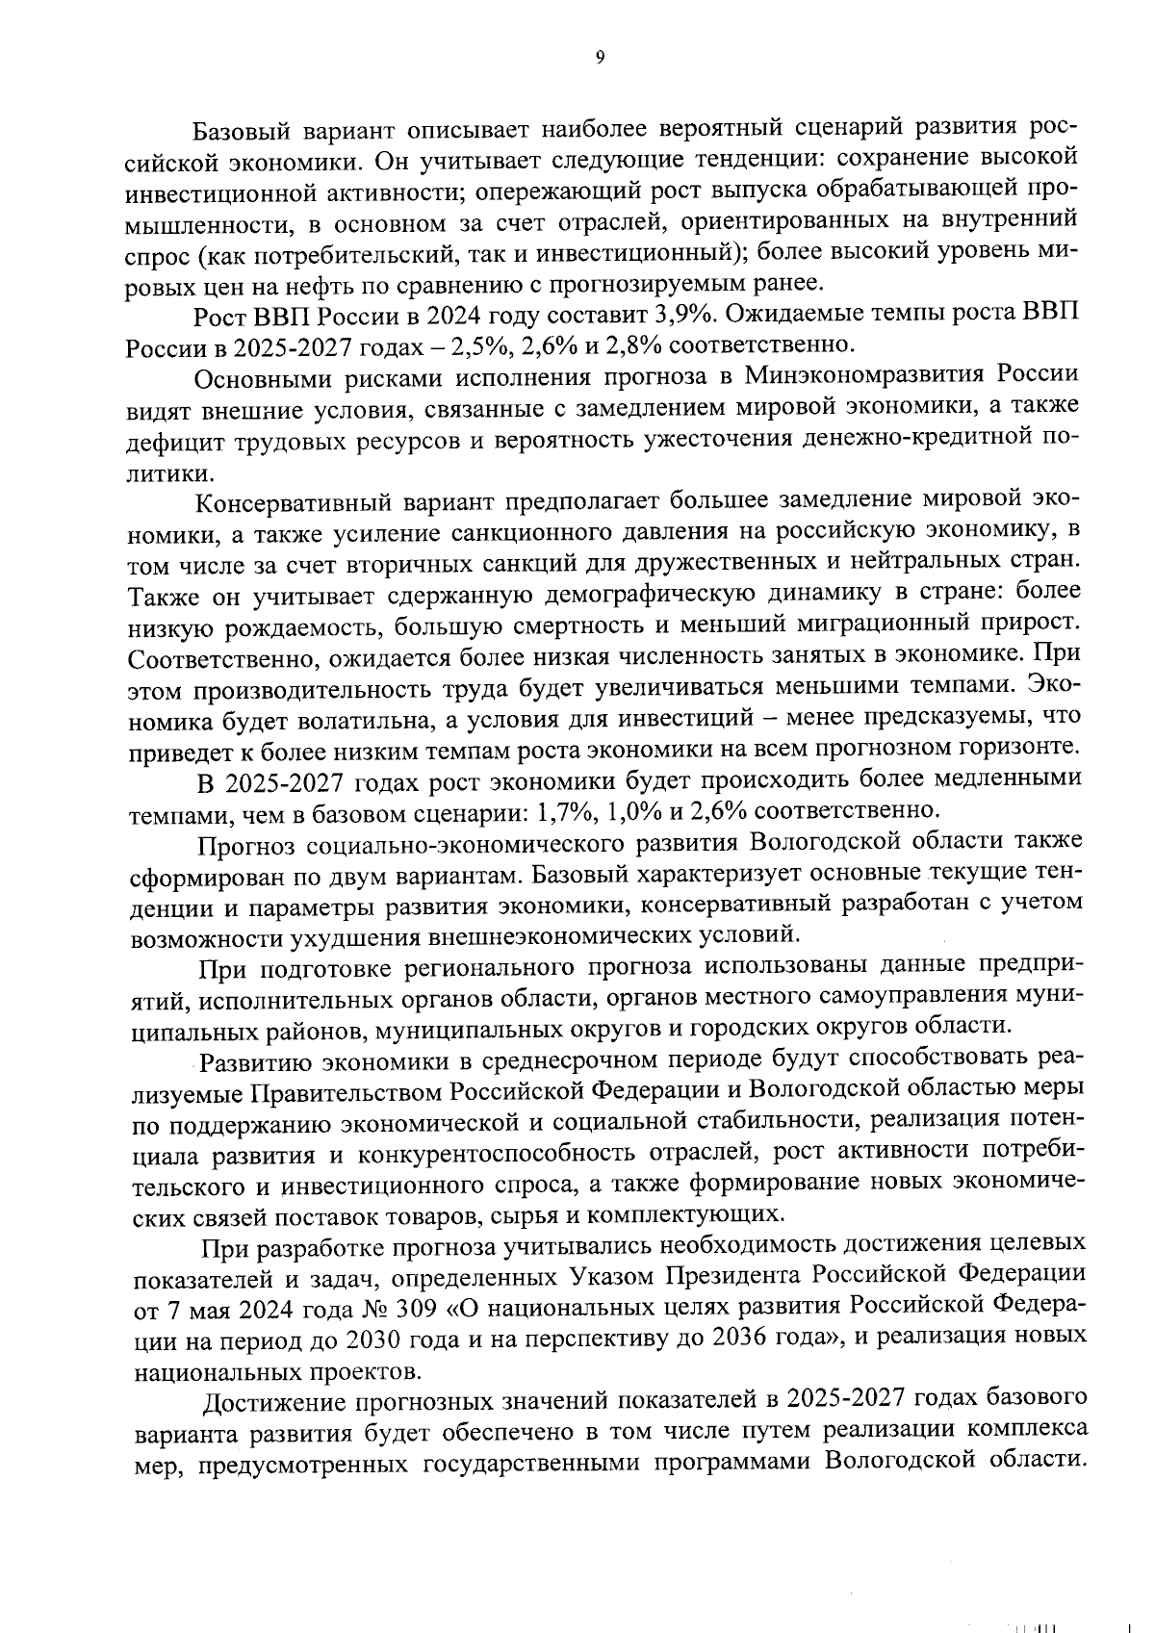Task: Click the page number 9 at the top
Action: click(x=599, y=58)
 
